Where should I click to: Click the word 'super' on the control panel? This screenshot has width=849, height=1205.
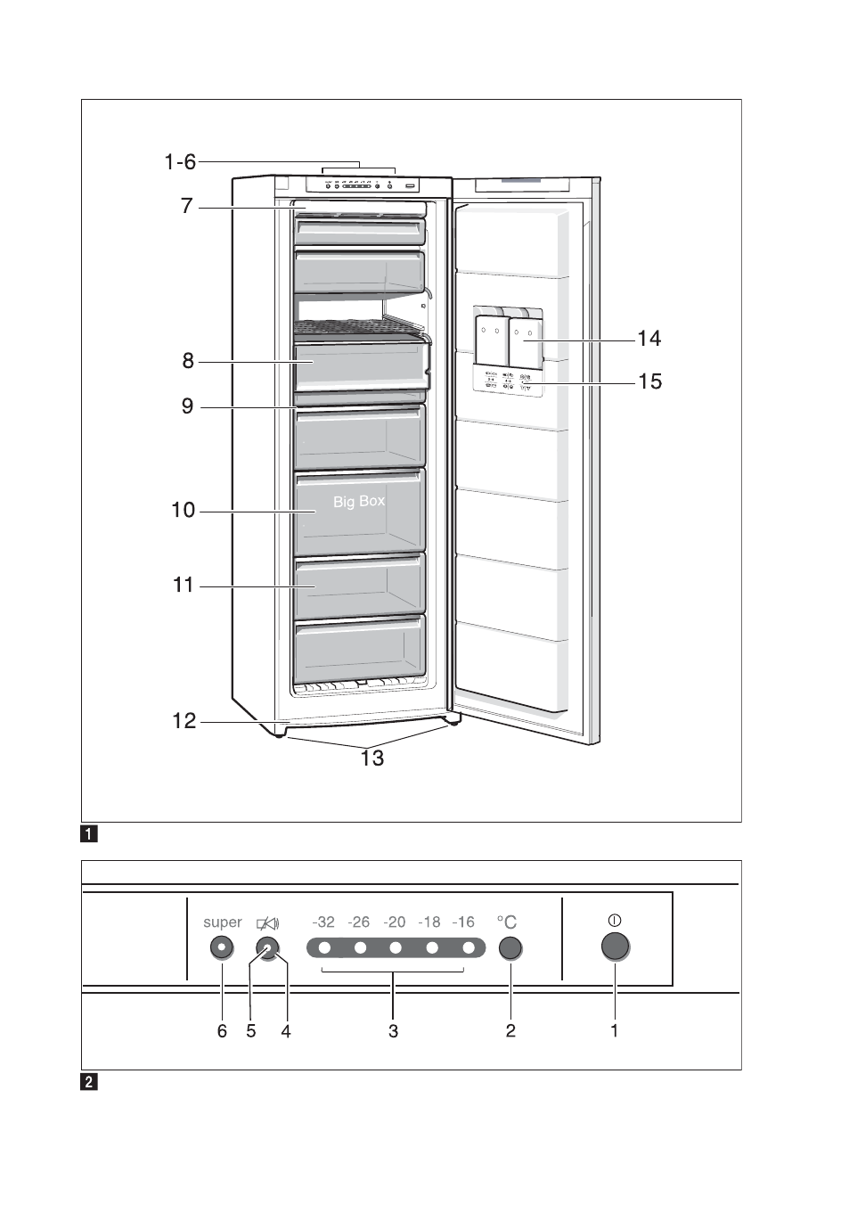(222, 922)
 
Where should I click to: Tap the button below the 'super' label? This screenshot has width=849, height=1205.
(222, 947)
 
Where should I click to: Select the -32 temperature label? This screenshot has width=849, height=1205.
(323, 922)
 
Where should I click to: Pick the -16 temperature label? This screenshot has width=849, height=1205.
(463, 922)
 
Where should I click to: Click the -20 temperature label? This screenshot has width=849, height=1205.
(394, 922)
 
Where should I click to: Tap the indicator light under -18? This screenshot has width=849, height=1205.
(432, 947)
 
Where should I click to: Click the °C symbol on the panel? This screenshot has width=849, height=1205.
(507, 922)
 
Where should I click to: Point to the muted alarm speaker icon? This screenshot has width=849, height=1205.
(267, 923)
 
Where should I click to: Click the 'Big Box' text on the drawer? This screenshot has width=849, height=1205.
(359, 502)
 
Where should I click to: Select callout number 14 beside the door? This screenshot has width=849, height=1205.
(649, 339)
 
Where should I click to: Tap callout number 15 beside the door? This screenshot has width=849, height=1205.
(649, 381)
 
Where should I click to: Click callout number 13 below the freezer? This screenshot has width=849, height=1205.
(372, 758)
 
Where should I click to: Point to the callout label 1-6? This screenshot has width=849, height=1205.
(180, 161)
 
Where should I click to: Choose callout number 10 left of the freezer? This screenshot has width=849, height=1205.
(183, 510)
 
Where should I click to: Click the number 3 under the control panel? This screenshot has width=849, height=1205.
(393, 1030)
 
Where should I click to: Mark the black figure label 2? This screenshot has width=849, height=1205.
(89, 1082)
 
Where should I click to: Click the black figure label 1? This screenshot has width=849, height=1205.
(89, 834)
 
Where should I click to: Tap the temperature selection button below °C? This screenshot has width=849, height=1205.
(510, 948)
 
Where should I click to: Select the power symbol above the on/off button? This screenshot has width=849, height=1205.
(615, 920)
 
